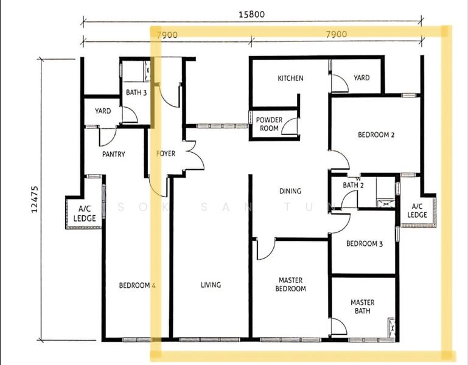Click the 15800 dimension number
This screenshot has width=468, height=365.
[251, 14]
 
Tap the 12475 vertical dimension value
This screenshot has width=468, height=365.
[35, 200]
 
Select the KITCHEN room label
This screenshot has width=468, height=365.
[290, 78]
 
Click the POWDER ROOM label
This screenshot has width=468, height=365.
[269, 124]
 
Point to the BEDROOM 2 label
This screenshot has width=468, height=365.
[376, 134]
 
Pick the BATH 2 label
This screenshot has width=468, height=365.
[353, 185]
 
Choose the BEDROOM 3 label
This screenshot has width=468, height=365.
[365, 243]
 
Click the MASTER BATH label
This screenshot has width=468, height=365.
[362, 307]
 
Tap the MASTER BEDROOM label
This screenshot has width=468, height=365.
[290, 285]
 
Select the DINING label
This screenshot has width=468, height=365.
[290, 191]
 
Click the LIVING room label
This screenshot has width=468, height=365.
[211, 285]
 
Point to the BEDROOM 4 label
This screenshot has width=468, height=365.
[138, 285]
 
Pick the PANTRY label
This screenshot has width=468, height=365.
[113, 154]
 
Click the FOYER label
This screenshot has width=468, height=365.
[166, 153]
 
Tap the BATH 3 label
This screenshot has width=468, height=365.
[136, 92]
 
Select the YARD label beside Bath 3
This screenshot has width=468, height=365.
[103, 111]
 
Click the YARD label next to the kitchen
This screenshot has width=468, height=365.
[361, 78]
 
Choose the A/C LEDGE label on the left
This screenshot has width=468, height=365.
[85, 214]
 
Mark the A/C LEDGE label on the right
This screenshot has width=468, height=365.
[417, 210]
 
